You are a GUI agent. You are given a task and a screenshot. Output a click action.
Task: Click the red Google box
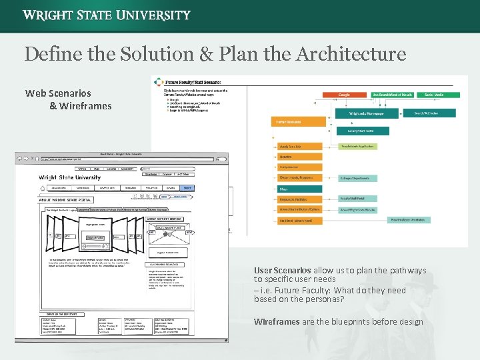pos(343,95)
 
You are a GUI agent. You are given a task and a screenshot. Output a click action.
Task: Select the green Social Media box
pos(434,95)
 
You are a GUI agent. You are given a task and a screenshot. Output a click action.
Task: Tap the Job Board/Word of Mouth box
pos(392,95)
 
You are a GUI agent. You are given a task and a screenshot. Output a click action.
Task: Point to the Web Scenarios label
pos(58,93)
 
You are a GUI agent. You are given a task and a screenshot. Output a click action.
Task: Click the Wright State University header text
pos(107,15)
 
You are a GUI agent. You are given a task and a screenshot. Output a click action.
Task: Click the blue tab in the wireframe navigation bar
pos(187,188)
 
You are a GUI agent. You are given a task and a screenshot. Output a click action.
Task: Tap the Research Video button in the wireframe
pos(95,237)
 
